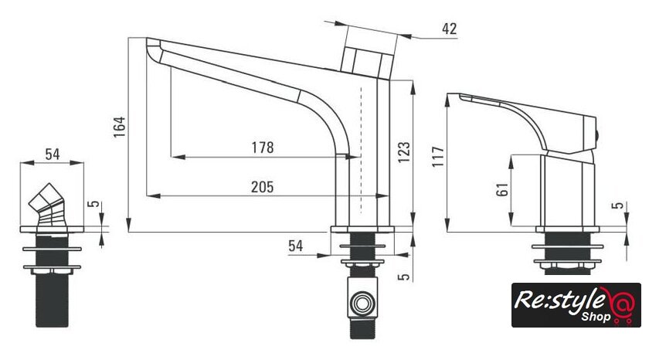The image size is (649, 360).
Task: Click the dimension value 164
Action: (120, 127)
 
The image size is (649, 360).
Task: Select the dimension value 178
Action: (263, 148)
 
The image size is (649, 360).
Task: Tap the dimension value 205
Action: (263, 187)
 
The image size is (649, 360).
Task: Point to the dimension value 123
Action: (404, 152)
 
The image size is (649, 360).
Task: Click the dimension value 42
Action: (449, 29)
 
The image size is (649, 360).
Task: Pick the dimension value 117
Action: (438, 156)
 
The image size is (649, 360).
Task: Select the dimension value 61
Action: (502, 189)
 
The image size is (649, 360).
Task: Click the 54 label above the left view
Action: (53, 155)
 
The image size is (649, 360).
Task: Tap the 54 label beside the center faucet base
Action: (295, 246)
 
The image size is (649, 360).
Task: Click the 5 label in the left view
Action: (95, 204)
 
